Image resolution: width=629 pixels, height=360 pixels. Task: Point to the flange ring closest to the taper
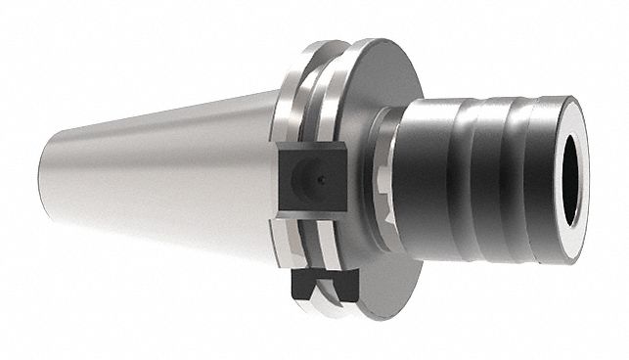[293, 98]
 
